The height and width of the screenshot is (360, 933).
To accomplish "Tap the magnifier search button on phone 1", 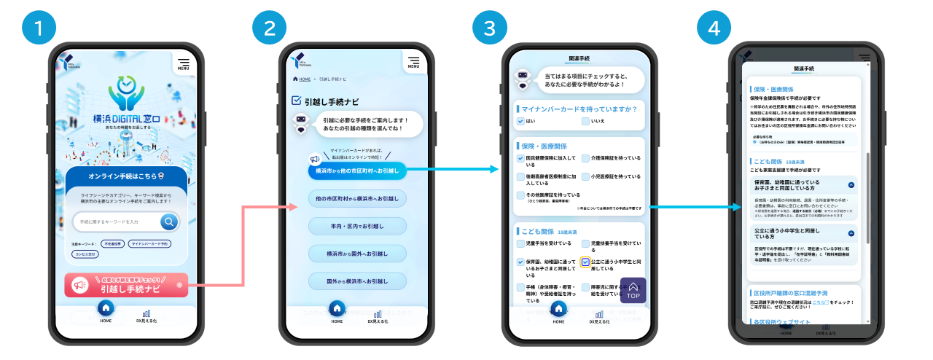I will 169,222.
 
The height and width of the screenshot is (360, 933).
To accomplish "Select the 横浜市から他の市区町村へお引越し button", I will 357,171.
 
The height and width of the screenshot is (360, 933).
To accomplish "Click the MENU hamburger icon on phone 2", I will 413,63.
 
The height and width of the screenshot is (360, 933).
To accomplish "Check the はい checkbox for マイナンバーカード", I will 520,121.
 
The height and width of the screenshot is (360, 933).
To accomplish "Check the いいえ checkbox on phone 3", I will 585,121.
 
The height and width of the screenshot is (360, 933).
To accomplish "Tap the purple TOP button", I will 633,290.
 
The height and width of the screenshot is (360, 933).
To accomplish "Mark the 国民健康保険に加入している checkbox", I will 520,158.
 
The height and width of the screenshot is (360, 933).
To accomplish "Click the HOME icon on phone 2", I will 337,309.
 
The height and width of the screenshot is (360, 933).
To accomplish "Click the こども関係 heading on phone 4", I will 766,162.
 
